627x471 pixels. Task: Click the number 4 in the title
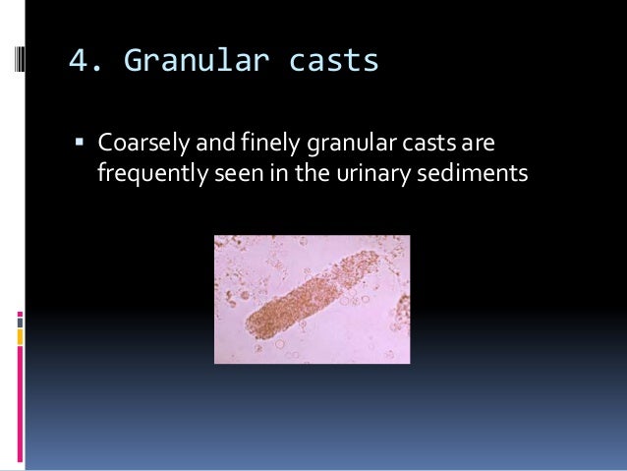pos(79,61)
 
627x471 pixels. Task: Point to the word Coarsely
pos(138,146)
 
